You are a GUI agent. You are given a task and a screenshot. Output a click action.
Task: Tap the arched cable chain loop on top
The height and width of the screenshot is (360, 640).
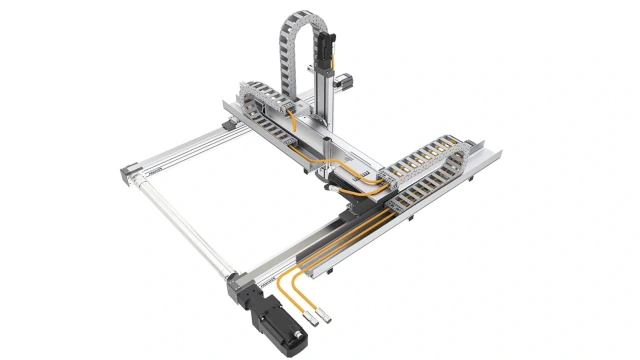(x=300, y=30)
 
